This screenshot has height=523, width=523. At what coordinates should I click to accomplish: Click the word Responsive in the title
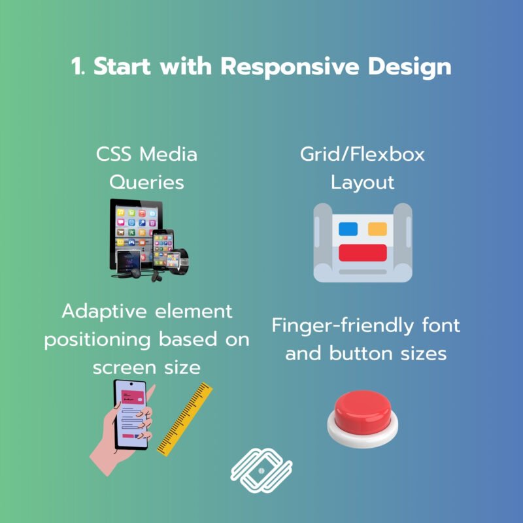click(290, 67)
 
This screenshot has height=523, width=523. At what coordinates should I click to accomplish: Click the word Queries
click(146, 183)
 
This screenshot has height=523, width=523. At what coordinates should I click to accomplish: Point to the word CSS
click(113, 154)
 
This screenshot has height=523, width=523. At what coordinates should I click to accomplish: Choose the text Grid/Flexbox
click(362, 154)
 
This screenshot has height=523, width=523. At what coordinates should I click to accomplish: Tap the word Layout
click(363, 183)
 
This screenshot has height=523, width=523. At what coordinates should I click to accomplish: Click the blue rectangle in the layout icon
click(348, 229)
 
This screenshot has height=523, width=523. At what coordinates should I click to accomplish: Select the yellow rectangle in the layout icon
click(377, 229)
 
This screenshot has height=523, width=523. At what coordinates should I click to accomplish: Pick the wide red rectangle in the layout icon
click(363, 253)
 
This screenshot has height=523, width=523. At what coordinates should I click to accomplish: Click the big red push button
click(363, 418)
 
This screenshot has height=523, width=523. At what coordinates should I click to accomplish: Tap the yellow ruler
click(184, 419)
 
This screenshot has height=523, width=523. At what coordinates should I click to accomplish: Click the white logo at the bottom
click(261, 470)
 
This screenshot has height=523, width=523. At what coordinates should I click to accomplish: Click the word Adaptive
click(104, 312)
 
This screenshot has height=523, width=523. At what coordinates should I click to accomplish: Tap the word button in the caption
click(361, 354)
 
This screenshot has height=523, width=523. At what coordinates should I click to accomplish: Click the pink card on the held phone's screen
click(133, 397)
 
